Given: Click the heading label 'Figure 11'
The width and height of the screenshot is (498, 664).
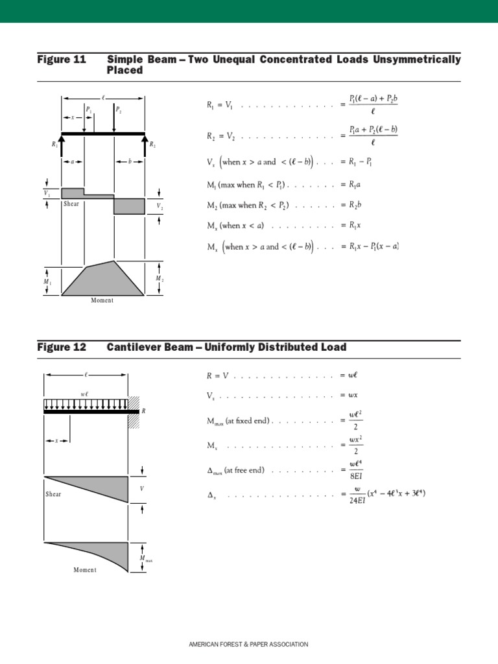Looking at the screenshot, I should click(62, 60).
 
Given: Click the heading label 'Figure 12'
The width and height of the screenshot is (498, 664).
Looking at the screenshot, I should click(62, 348).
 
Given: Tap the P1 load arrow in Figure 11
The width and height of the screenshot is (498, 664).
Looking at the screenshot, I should click(94, 120).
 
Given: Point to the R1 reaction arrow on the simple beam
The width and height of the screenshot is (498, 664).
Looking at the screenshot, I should click(62, 144).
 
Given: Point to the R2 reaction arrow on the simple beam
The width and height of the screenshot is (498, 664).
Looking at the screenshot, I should click(145, 144).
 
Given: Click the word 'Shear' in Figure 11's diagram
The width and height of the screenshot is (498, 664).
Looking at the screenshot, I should click(71, 204).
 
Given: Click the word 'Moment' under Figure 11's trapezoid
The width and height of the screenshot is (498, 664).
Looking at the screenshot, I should click(102, 300).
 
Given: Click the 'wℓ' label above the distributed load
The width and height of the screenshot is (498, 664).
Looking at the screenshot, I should click(85, 394).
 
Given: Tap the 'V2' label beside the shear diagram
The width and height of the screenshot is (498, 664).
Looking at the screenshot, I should click(160, 206).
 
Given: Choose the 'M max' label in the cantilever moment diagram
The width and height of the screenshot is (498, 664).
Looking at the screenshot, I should click(145, 558).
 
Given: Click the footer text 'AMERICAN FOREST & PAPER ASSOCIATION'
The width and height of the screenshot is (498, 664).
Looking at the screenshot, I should click(248, 645).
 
